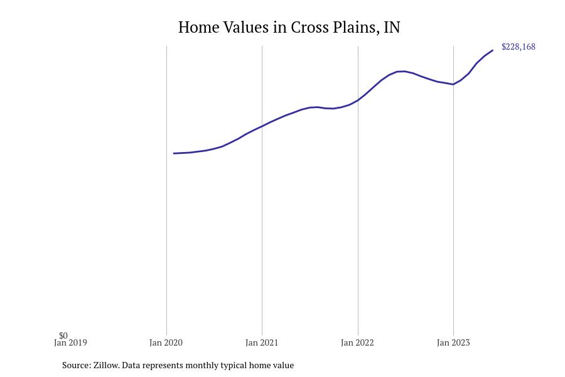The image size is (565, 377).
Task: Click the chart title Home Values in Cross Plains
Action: tap(289, 28)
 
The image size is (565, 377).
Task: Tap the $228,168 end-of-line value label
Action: tap(518, 47)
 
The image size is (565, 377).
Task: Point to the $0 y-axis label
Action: tap(63, 336)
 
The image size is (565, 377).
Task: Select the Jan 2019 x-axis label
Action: tap(70, 343)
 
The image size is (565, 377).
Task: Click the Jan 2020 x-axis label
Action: tap(166, 343)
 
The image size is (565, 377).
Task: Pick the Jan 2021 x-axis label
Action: tap(262, 343)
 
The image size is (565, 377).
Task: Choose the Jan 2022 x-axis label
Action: tap(357, 343)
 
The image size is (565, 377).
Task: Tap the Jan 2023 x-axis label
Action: tap(453, 343)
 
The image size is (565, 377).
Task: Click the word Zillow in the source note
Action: tap(106, 365)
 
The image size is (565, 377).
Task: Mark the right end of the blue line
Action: tap(493, 50)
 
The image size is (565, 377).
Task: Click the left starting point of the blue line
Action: tap(174, 153)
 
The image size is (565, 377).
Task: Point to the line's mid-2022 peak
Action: tap(402, 71)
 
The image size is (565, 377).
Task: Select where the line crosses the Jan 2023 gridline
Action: tap(453, 84)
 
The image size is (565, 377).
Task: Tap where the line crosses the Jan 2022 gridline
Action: tap(358, 100)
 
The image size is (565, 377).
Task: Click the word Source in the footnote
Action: tap(76, 365)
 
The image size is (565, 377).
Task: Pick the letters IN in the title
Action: tap(392, 28)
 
